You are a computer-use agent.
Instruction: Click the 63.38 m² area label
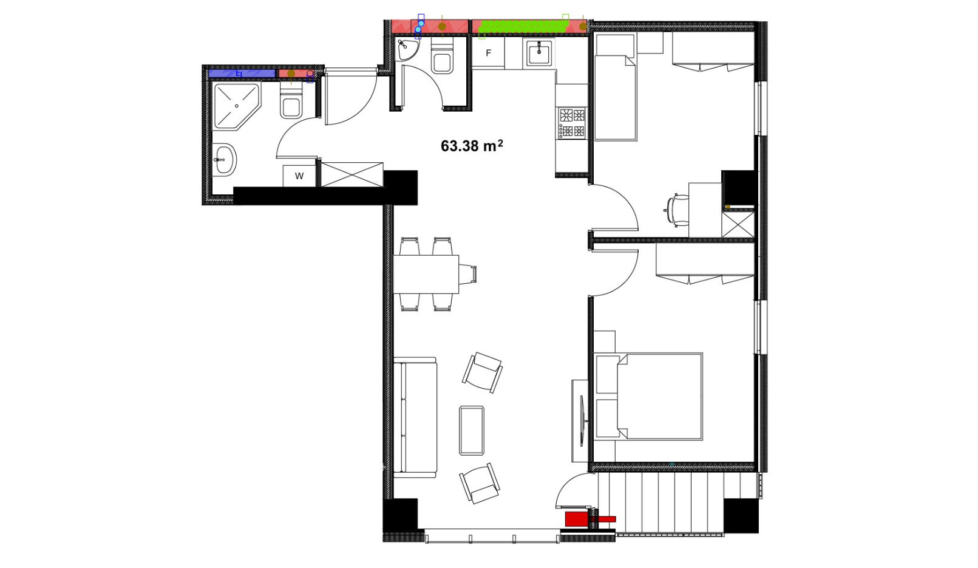click(472, 146)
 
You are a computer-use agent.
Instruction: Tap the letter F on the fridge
click(489, 53)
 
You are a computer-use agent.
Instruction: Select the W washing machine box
click(299, 176)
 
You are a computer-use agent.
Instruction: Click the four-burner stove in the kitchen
click(572, 123)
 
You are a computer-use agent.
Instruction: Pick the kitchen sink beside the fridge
click(539, 53)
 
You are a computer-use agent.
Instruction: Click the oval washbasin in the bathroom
click(225, 160)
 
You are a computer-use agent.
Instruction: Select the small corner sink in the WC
click(407, 49)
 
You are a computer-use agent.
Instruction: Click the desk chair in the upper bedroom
click(678, 210)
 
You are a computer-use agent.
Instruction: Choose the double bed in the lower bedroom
click(649, 396)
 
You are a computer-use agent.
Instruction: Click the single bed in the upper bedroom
click(615, 97)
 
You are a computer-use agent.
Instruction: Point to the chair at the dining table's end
click(468, 275)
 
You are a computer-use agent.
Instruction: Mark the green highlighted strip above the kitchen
click(522, 27)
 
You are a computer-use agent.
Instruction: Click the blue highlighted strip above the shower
click(242, 74)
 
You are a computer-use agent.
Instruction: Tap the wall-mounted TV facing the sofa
click(582, 421)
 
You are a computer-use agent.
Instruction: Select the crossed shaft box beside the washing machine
click(352, 174)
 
